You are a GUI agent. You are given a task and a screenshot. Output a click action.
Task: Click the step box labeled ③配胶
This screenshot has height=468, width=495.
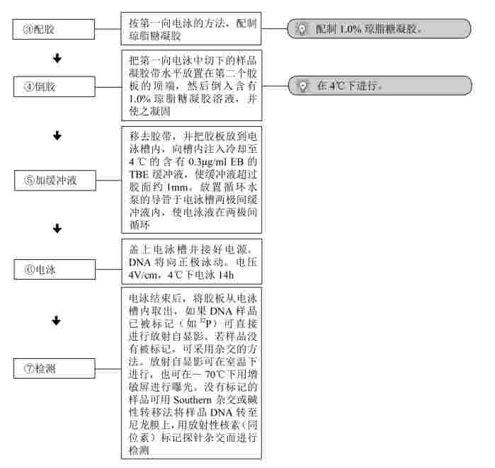[x=54, y=29]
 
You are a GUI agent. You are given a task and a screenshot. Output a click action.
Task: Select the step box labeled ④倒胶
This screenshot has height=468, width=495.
[x=55, y=86]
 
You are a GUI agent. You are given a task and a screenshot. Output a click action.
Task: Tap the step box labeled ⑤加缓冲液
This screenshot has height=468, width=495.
[x=55, y=181]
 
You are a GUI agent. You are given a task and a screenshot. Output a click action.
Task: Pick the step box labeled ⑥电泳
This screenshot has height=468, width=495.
[x=55, y=270]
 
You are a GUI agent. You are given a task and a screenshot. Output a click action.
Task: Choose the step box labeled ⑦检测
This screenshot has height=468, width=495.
[x=55, y=368]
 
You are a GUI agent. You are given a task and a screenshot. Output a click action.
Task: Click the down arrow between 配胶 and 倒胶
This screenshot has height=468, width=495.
[x=57, y=58]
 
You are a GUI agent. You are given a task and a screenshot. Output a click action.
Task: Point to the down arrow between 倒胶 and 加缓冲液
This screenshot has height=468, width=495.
[x=57, y=136]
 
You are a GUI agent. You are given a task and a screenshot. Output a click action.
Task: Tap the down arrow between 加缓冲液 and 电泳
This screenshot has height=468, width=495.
[x=57, y=229]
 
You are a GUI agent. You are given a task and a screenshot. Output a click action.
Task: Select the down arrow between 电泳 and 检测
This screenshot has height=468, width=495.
[x=56, y=321]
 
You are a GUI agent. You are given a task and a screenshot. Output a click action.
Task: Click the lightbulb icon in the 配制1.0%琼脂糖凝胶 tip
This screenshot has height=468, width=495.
[x=302, y=29]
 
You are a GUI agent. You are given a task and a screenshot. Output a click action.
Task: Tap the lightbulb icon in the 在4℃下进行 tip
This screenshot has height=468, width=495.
[x=303, y=86]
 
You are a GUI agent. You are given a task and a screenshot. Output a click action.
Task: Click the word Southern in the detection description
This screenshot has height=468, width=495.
[x=192, y=400]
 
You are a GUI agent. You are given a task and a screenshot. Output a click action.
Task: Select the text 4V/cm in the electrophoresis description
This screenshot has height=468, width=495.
[x=143, y=275]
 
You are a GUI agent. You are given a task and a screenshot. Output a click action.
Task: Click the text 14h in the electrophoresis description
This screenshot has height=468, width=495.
[x=226, y=275]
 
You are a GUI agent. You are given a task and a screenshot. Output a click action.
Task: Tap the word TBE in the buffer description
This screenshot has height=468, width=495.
[x=139, y=174]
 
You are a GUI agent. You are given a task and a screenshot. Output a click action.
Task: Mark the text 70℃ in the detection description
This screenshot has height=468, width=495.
[x=215, y=375]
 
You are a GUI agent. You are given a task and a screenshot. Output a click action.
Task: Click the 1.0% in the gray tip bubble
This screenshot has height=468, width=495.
[x=351, y=29]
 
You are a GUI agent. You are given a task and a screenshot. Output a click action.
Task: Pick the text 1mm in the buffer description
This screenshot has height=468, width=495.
[x=178, y=187]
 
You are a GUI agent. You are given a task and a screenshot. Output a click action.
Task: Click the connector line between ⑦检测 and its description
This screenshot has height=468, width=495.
[x=108, y=369]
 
